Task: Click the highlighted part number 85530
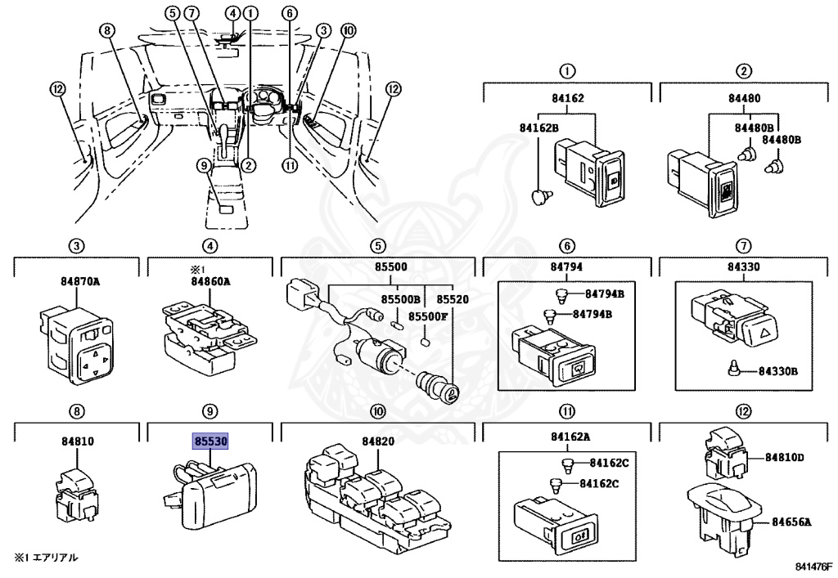(210, 441)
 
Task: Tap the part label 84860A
(210, 280)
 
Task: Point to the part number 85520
(453, 299)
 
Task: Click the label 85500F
(427, 316)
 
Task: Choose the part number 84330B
(777, 370)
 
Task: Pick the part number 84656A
(791, 522)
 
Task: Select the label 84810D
(784, 457)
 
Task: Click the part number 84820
(378, 441)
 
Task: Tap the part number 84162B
(538, 128)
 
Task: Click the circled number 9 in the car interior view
(204, 166)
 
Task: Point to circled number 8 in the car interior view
(107, 31)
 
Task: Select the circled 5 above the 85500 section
(378, 246)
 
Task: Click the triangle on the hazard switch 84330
(766, 335)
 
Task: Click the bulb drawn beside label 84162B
(539, 196)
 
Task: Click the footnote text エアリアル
(55, 558)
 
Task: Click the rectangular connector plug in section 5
(301, 293)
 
